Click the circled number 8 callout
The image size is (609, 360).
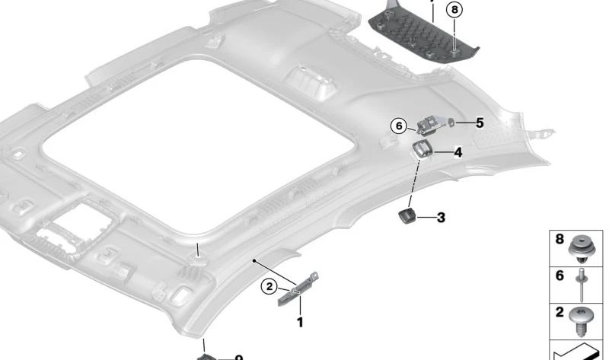[x=454, y=10]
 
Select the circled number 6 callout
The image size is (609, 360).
[x=398, y=126]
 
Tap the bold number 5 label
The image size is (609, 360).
[x=480, y=122]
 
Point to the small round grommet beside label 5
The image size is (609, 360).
[x=451, y=122]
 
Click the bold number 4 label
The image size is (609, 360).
[x=458, y=152]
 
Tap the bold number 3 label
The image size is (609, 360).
[x=441, y=218]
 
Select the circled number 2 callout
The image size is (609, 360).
[x=269, y=286]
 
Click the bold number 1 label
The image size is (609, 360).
[x=300, y=322]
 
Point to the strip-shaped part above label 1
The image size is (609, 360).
[x=298, y=288]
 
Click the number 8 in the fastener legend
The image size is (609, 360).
[x=560, y=240]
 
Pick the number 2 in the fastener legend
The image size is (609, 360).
[x=560, y=312]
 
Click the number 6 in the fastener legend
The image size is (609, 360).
[x=560, y=276]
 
